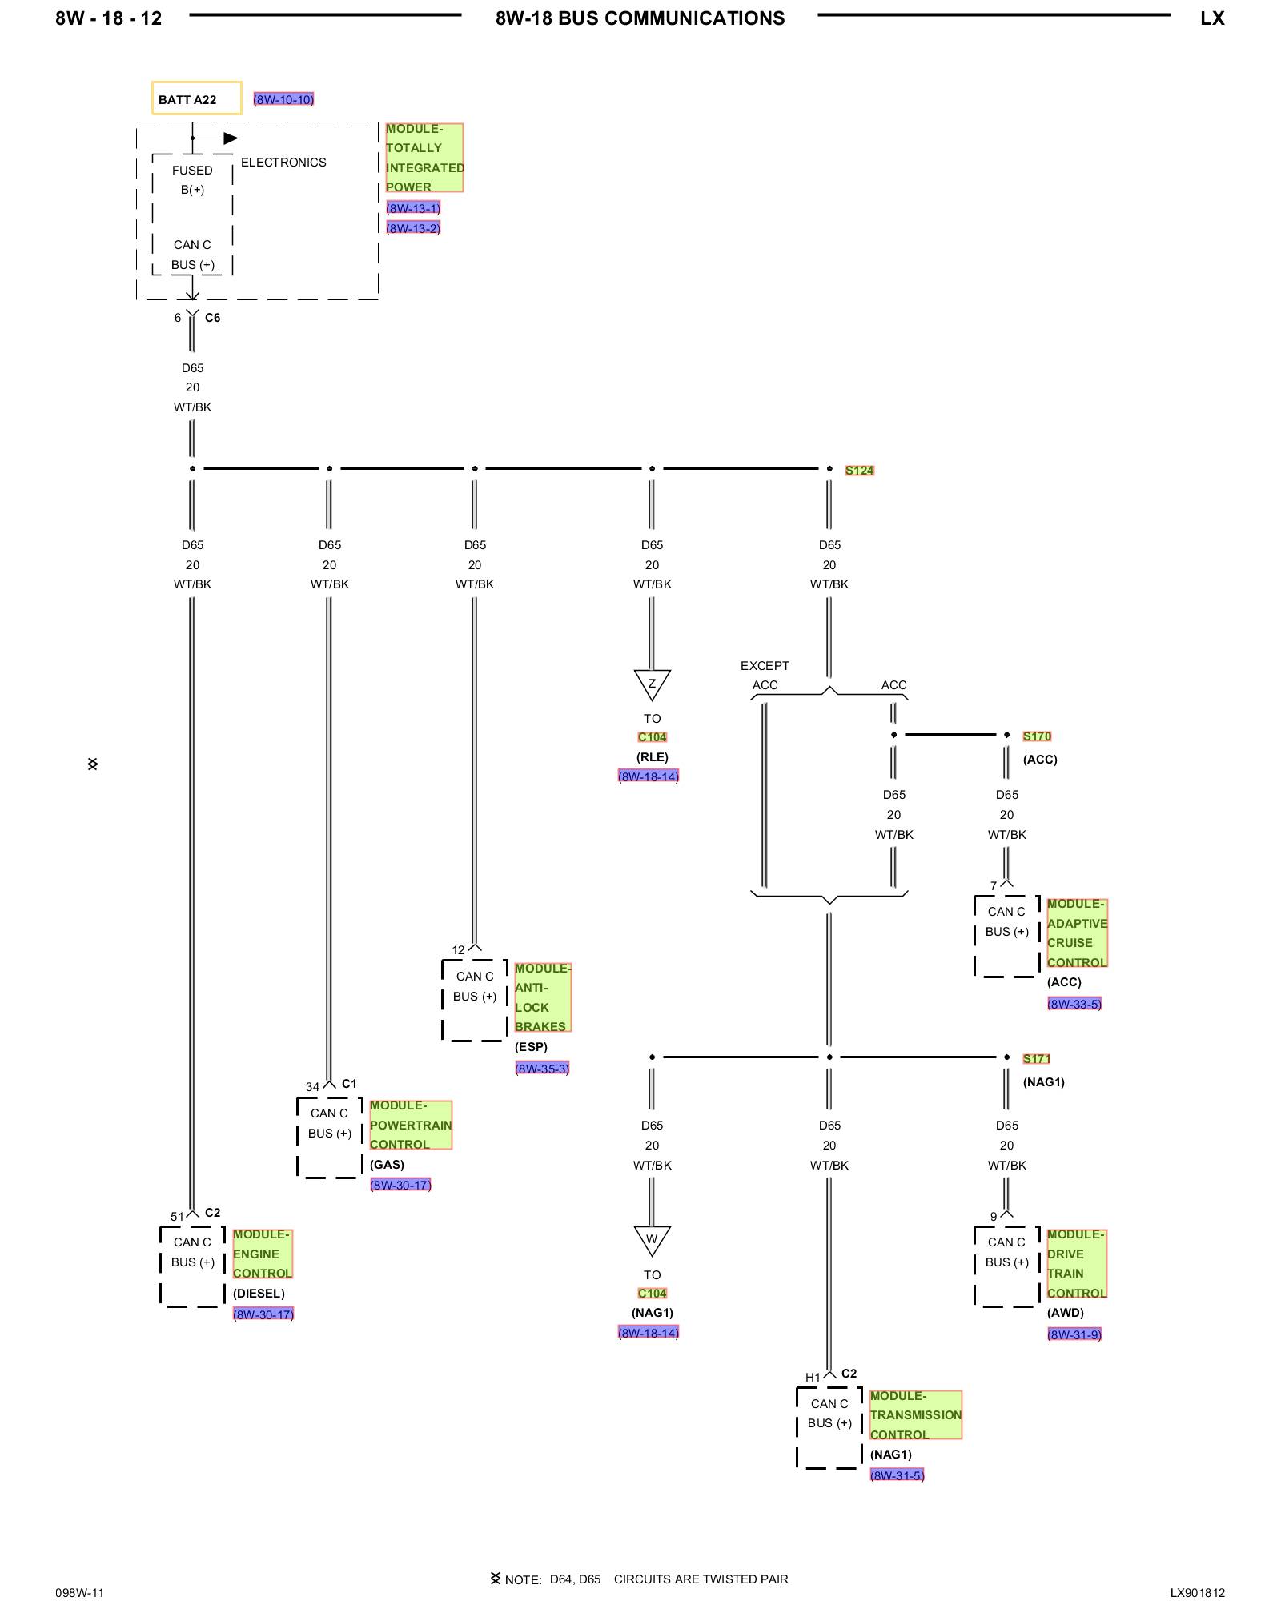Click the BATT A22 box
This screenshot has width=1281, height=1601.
196,98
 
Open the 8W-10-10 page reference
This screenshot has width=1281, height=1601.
283,99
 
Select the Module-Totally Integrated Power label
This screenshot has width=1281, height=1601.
424,158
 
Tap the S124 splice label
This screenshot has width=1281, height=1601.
859,471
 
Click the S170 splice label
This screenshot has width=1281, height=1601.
1037,736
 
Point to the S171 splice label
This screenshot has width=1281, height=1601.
1036,1059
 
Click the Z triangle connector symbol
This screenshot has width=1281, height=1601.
652,684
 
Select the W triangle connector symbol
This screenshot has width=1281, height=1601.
652,1240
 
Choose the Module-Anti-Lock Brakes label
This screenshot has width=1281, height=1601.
542,997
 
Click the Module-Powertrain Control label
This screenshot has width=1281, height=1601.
411,1125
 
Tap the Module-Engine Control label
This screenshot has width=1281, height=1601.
263,1254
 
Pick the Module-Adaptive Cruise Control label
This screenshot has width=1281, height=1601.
1077,933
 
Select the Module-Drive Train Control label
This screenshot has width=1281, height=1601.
1076,1263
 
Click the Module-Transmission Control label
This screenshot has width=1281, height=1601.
915,1414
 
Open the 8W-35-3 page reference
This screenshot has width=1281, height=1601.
542,1069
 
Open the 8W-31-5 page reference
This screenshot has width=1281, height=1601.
897,1475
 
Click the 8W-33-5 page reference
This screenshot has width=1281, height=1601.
1074,1004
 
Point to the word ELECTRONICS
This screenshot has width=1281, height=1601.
283,163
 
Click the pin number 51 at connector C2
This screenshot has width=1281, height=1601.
177,1217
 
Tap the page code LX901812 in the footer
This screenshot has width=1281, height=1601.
1197,1592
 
